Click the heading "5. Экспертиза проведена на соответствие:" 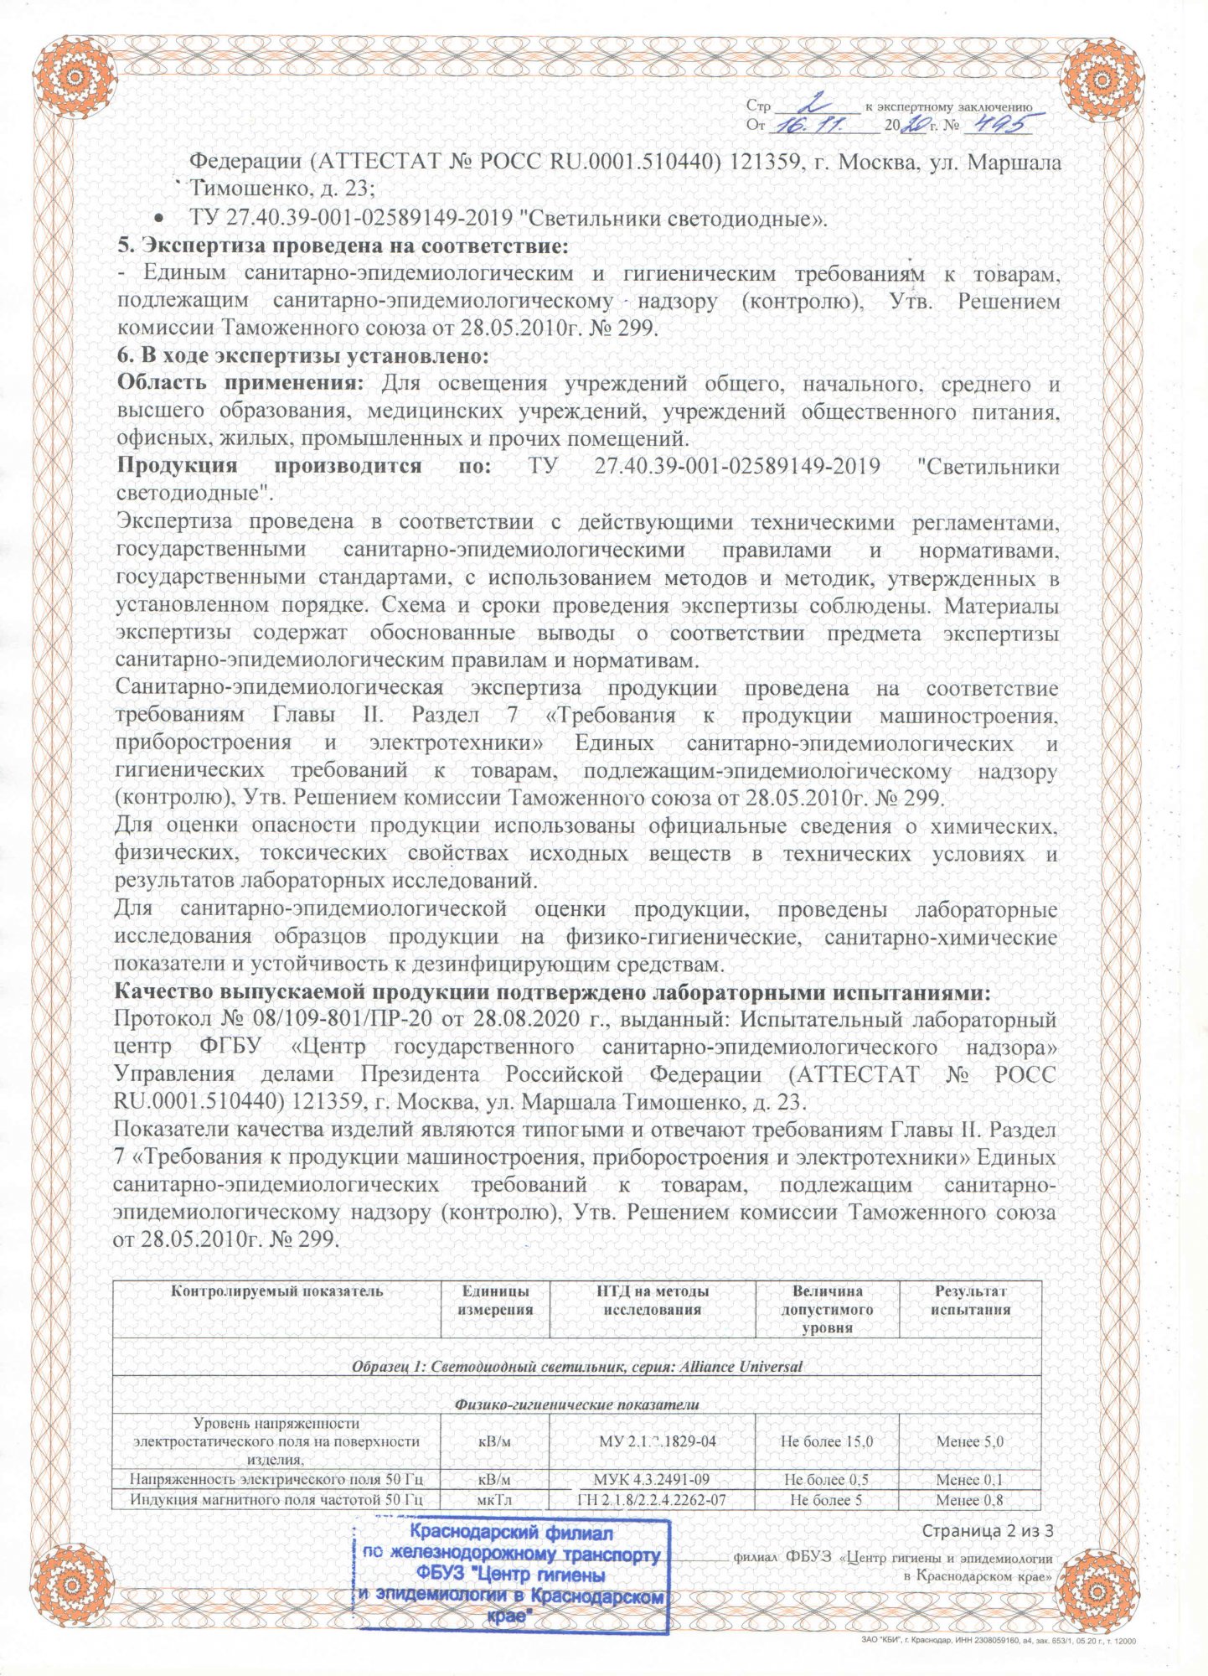(x=342, y=246)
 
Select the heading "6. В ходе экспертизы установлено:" (x=302, y=356)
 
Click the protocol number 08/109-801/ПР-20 (x=331, y=1021)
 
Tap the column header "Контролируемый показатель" (x=276, y=1291)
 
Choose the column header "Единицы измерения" (x=495, y=1301)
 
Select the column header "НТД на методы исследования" (x=652, y=1301)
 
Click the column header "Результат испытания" (x=970, y=1301)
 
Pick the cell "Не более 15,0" (x=827, y=1442)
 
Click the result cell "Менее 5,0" (x=970, y=1442)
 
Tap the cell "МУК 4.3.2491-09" (x=652, y=1481)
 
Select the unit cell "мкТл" (x=495, y=1500)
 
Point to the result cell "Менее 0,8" (x=970, y=1500)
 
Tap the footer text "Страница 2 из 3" (x=987, y=1531)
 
